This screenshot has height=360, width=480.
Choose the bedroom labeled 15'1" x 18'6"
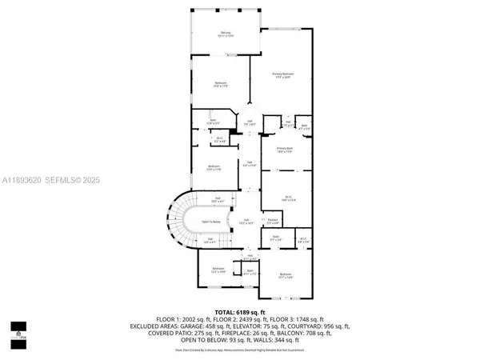tap(286, 276)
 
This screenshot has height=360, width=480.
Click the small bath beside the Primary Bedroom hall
tap(305, 126)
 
